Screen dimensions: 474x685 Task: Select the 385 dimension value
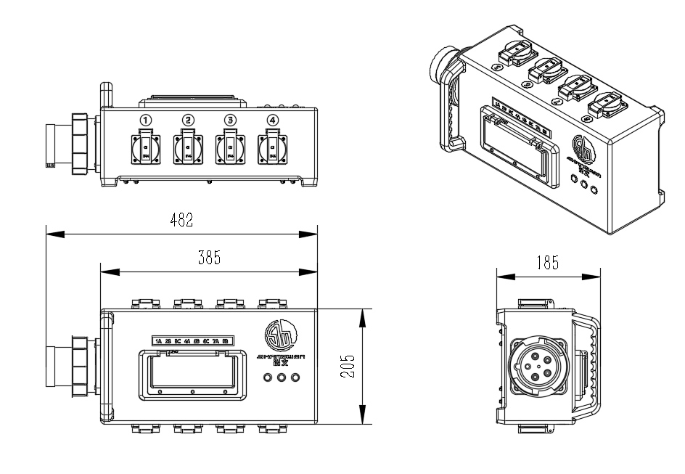pyautogui.click(x=209, y=258)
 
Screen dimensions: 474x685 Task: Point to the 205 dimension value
pyautogui.click(x=348, y=367)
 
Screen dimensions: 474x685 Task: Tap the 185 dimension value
pyautogui.click(x=548, y=263)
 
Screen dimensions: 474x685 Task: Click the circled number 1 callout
pyautogui.click(x=147, y=120)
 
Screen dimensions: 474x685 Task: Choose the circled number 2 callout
pyautogui.click(x=189, y=120)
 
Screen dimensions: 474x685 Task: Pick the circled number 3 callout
pyautogui.click(x=231, y=120)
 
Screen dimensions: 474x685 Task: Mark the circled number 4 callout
pyautogui.click(x=273, y=120)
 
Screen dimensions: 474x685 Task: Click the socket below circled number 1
pyautogui.click(x=146, y=149)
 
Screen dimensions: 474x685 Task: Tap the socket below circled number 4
pyautogui.click(x=273, y=149)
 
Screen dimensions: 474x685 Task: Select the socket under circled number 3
pyautogui.click(x=231, y=149)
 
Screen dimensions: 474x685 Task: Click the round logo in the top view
pyautogui.click(x=282, y=336)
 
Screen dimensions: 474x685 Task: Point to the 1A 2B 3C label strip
pyautogui.click(x=192, y=340)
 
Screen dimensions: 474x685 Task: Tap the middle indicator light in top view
pyautogui.click(x=282, y=377)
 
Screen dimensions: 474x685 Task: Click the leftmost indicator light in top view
pyautogui.click(x=268, y=377)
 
